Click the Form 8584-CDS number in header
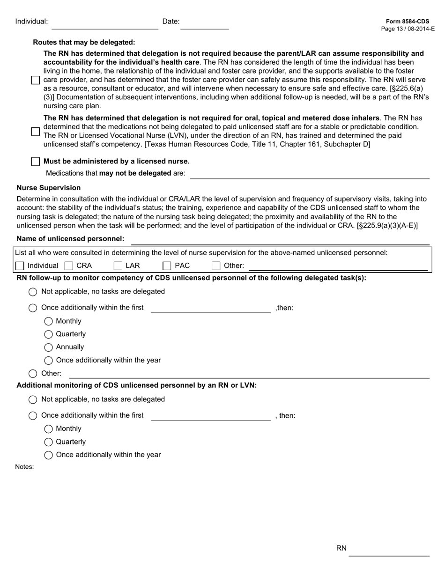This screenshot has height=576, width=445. (407, 22)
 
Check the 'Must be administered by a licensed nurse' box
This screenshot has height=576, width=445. (35, 162)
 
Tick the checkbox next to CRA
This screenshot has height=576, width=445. (69, 266)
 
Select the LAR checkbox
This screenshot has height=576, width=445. (118, 266)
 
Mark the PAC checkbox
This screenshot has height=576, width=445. (167, 266)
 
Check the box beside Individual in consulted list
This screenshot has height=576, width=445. (20, 266)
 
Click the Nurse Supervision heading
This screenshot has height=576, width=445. (49, 188)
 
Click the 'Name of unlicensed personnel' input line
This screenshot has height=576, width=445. (280, 240)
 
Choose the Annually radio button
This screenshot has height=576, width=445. (49, 347)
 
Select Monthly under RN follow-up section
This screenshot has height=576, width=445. (49, 321)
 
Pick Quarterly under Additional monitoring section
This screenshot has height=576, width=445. (49, 442)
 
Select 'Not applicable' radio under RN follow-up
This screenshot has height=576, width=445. (33, 292)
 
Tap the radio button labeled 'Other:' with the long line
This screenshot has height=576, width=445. (33, 374)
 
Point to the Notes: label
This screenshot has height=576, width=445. (24, 467)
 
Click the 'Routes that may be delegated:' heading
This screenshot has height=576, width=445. (84, 42)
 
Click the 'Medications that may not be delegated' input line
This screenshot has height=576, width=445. (310, 174)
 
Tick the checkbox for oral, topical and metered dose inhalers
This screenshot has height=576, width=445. (35, 132)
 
